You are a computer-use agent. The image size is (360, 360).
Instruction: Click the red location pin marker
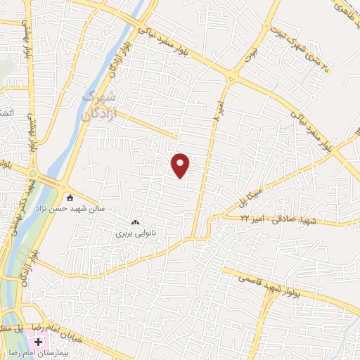[x=181, y=166]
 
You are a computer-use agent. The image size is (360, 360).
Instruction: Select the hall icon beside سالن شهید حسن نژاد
[x=68, y=196]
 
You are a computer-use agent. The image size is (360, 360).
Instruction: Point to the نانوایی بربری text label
[x=134, y=231]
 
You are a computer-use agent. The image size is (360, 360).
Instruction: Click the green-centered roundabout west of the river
[x=32, y=174]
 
